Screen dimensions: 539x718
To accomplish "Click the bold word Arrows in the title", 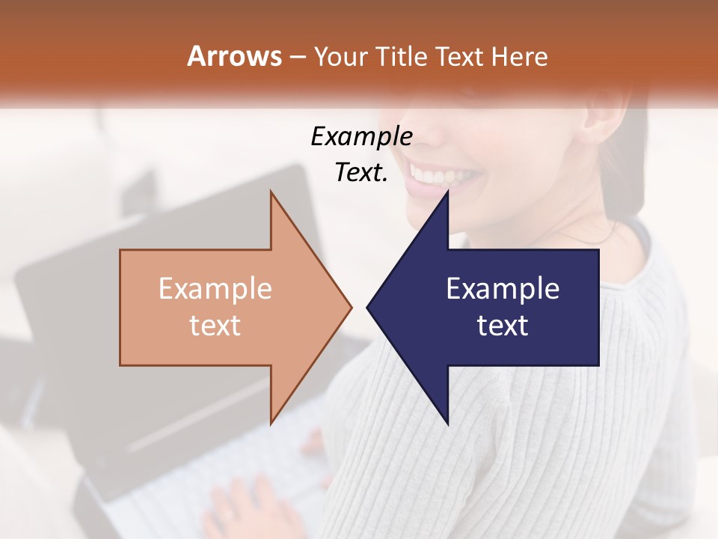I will [234, 56].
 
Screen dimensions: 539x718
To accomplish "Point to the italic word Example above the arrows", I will [361, 137].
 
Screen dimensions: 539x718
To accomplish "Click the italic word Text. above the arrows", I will [361, 173].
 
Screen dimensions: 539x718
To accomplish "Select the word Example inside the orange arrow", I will [215, 289].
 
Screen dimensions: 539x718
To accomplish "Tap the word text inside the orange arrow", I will [215, 326].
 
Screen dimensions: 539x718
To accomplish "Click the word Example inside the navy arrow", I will [503, 289].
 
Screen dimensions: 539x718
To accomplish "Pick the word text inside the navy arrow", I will [503, 326].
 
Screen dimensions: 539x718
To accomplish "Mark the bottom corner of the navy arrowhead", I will [447, 423].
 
